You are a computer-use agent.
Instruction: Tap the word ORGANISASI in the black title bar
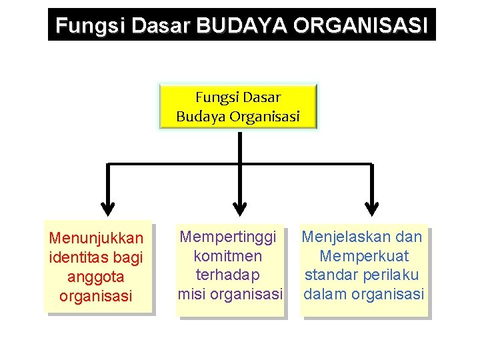(x=359, y=25)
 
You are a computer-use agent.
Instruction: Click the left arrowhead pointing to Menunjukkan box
(x=108, y=207)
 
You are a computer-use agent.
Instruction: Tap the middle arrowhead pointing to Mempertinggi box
(x=240, y=207)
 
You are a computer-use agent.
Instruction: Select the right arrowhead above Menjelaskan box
(x=372, y=207)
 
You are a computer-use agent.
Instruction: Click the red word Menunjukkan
(x=97, y=238)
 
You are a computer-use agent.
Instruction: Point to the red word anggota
(x=96, y=276)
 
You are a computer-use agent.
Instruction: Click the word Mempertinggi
(x=229, y=237)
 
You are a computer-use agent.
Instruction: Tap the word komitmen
(x=228, y=256)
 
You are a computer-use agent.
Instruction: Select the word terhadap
(x=228, y=275)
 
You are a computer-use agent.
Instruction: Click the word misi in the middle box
(x=192, y=294)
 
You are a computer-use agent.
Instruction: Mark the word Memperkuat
(x=364, y=256)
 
